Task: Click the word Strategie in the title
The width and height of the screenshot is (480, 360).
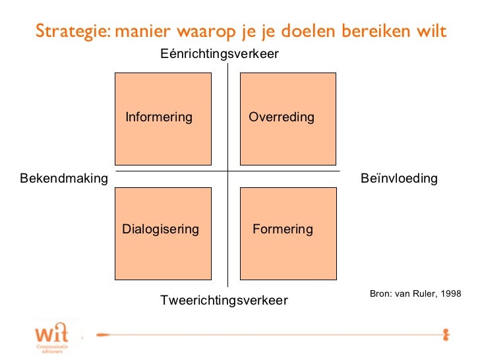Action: point(72,32)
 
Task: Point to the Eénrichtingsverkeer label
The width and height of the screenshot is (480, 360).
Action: point(220,54)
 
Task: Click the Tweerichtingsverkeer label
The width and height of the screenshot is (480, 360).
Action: point(224,301)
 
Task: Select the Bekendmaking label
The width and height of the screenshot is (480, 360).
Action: point(64,179)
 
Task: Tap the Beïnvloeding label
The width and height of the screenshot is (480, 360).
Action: point(400,179)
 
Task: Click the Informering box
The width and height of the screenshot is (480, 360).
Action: point(163,119)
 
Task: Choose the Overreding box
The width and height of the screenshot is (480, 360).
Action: point(287,119)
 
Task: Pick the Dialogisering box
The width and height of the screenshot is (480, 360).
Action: point(163,233)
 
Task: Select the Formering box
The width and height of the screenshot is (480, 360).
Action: point(287,233)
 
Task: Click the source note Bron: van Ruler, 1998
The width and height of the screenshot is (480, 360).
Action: point(415,293)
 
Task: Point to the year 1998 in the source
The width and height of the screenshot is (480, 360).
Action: point(450,293)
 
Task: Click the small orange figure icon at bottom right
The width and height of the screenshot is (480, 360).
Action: point(446,333)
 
